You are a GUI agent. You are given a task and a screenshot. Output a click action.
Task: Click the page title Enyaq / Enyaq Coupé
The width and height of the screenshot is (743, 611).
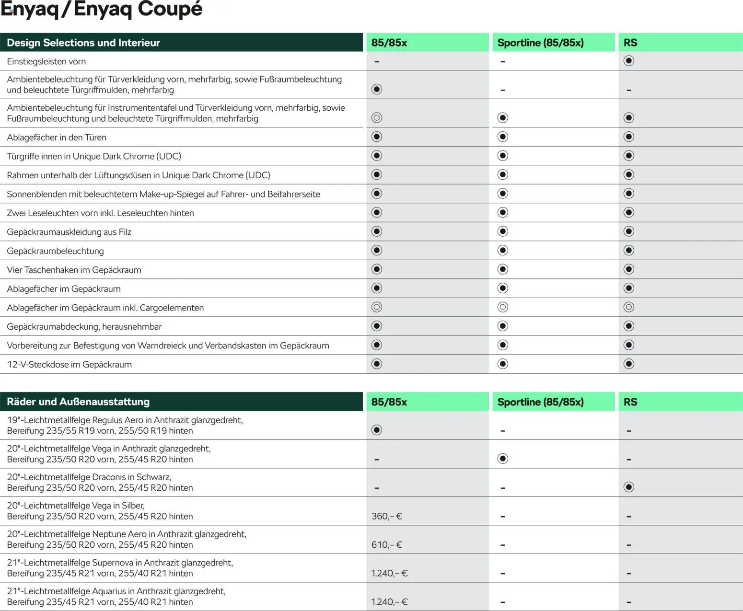coord(102,10)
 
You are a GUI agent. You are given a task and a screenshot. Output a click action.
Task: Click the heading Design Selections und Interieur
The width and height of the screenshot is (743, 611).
coord(83,43)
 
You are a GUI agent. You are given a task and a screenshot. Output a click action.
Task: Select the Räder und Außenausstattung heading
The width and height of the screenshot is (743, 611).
coord(78,402)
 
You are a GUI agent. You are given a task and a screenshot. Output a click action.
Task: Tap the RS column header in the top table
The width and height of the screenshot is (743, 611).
coord(630,43)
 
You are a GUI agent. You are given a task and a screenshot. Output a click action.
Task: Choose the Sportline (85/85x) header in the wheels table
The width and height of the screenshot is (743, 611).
coord(540,402)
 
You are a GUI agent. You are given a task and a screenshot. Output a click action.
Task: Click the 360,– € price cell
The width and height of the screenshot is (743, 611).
coord(386,516)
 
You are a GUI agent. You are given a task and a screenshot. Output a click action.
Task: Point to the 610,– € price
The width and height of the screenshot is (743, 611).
coord(386,545)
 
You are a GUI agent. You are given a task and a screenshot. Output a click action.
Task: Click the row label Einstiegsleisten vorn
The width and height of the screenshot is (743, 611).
coord(46,61)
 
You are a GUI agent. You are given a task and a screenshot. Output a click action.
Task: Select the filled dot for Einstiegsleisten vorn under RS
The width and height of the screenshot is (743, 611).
coord(629,61)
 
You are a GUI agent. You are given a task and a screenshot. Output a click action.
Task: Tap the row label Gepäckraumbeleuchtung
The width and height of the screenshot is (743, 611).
coord(55,251)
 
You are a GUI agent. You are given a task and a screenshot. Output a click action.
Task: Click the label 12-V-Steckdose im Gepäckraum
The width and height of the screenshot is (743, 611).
coord(69,364)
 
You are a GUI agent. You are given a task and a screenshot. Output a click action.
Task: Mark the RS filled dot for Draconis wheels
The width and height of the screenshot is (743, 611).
coord(629,487)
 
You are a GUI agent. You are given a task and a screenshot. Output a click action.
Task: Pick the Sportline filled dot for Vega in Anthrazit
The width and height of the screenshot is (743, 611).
coord(503,459)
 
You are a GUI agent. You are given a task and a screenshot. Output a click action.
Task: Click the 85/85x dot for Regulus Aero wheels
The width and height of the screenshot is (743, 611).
coord(377,430)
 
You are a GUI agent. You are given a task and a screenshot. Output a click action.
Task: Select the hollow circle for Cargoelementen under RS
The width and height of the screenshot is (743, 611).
coord(629,307)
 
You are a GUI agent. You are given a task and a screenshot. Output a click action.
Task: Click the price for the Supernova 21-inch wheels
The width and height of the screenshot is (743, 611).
coord(389,573)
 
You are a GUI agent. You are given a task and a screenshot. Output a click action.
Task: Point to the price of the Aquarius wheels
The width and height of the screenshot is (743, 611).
coord(389,602)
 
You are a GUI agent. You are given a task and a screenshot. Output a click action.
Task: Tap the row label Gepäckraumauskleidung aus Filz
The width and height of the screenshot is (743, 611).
coord(69,232)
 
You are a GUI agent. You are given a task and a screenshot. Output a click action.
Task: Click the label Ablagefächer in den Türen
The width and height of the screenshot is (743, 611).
coord(57,138)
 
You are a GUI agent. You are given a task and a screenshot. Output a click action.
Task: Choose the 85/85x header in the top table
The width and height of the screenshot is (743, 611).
coord(389,43)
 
